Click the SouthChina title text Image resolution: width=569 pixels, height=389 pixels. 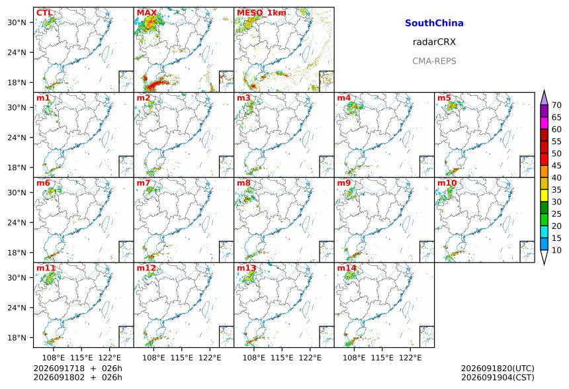click(x=434, y=23)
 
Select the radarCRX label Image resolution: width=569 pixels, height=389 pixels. click(x=434, y=42)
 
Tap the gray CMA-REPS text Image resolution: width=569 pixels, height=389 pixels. click(x=434, y=61)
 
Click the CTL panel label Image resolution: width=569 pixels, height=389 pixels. click(x=44, y=13)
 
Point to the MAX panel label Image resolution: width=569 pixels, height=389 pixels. click(x=147, y=13)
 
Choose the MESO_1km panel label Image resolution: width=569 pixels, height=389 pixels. click(x=261, y=13)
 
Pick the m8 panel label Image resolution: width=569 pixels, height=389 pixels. click(x=243, y=183)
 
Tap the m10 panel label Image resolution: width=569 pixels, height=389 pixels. click(x=447, y=183)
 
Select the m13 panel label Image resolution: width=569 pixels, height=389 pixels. click(x=246, y=268)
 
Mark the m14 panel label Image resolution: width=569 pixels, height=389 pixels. click(x=347, y=268)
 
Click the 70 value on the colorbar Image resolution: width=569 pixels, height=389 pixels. click(x=556, y=105)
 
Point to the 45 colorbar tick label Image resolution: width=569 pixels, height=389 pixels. click(x=556, y=166)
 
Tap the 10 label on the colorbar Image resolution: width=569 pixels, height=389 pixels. click(x=556, y=250)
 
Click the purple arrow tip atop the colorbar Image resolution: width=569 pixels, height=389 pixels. click(x=544, y=90)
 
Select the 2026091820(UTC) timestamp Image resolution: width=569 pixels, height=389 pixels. click(x=498, y=368)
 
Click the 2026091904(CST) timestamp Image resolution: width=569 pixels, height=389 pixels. click(x=498, y=377)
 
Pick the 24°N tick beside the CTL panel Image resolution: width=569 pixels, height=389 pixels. click(x=17, y=52)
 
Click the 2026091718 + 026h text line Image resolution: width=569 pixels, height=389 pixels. click(x=77, y=368)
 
